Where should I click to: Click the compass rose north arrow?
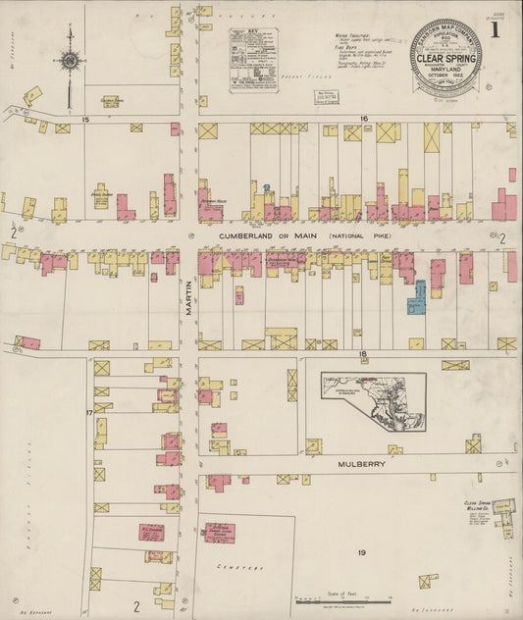[x=70, y=61]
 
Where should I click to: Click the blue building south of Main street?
[x=418, y=298]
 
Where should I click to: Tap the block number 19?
[x=361, y=553]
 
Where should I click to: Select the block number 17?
[x=89, y=413]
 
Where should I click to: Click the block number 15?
[x=85, y=119]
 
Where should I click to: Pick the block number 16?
[x=362, y=119]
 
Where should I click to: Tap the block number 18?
[x=361, y=354]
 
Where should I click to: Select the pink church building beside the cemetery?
[x=219, y=533]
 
